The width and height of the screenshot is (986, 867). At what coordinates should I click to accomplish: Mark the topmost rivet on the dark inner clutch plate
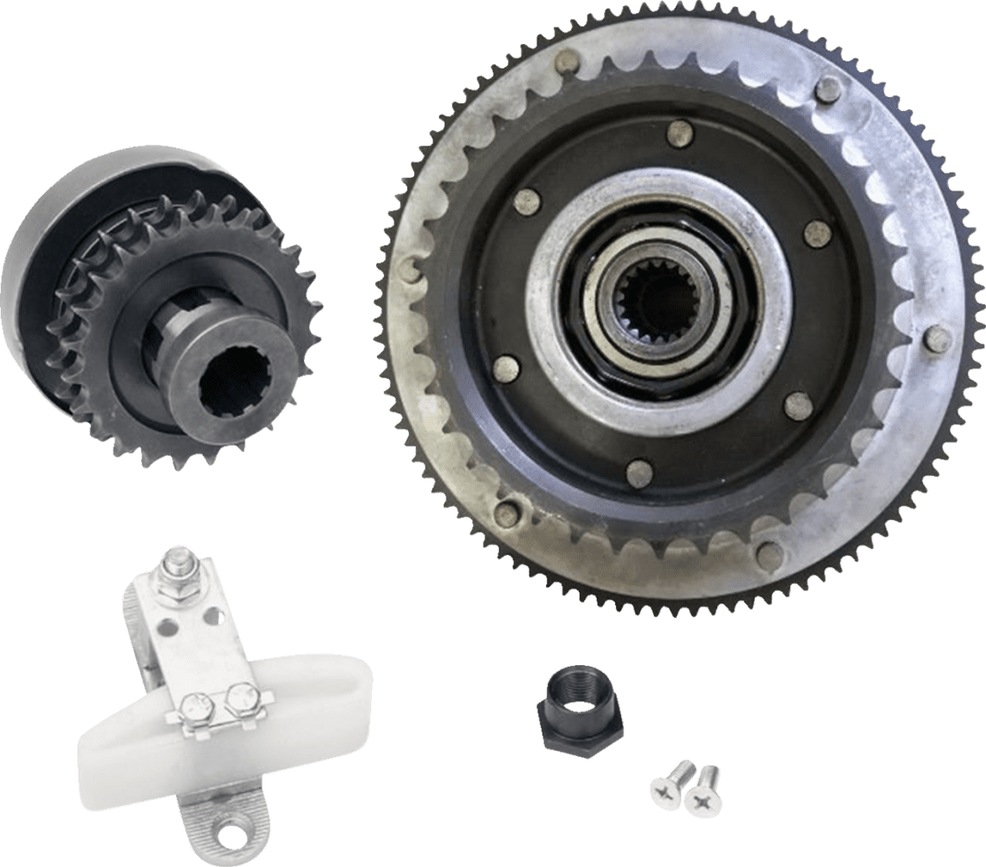(679, 133)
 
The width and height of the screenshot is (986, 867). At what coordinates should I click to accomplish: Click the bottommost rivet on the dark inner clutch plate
(639, 473)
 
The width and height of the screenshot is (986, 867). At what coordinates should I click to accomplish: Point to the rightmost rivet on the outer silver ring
(937, 340)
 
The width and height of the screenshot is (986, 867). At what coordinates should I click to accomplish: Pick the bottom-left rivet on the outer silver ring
(507, 514)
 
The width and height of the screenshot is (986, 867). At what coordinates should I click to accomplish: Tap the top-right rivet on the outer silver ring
(829, 87)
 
